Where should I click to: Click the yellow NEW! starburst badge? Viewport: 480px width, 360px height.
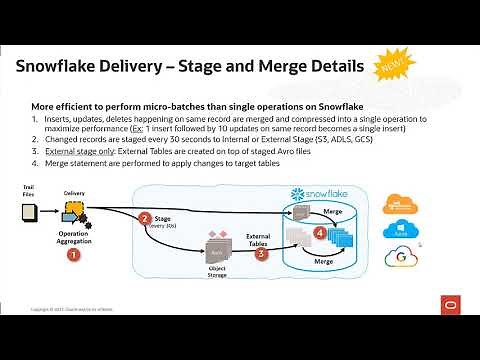coord(391,65)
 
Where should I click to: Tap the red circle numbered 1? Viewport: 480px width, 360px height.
coord(72,255)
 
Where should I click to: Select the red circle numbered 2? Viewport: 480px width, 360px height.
coord(145,217)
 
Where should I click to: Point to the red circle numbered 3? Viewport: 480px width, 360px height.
coord(262,253)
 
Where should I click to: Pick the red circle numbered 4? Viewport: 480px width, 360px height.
coord(320,232)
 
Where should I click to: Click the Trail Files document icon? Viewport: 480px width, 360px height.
coord(29,212)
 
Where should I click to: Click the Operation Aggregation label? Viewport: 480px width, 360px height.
coord(72,233)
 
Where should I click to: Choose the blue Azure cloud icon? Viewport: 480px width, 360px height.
coord(422,230)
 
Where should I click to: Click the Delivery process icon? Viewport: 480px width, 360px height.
coord(73,211)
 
